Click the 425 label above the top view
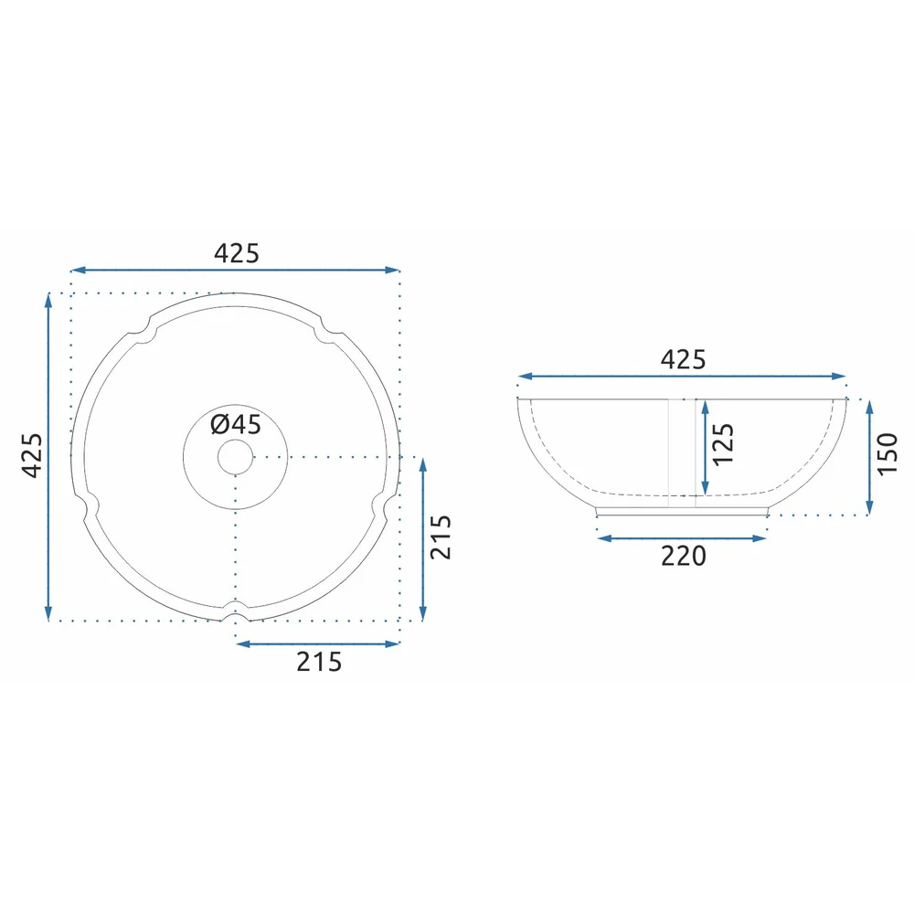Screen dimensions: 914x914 tap(236, 253)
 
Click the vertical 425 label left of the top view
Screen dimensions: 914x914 tap(33, 455)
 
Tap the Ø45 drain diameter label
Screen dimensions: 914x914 tap(236, 424)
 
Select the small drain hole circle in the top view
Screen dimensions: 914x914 tap(236, 457)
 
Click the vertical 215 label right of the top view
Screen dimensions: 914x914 tap(441, 537)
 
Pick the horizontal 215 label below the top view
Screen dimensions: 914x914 tap(319, 662)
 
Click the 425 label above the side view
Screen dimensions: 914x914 tap(683, 359)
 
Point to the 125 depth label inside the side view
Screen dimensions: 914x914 tap(723, 444)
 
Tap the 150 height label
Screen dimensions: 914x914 tap(887, 454)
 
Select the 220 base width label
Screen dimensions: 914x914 tap(683, 556)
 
